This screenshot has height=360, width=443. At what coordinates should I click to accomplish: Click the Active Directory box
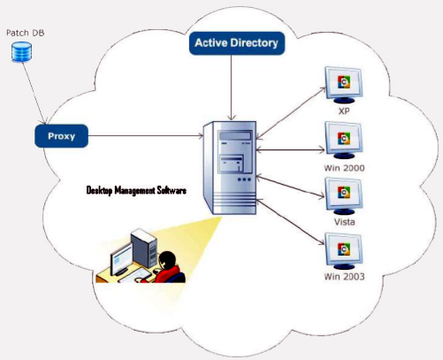tap(237, 43)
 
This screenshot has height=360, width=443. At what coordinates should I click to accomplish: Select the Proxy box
tap(61, 136)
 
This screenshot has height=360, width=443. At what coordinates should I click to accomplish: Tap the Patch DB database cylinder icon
tap(21, 52)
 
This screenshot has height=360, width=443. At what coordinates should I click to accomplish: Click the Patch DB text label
tap(26, 33)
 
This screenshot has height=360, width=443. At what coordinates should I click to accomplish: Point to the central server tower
tap(230, 167)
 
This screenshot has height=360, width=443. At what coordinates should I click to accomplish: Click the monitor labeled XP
tap(344, 85)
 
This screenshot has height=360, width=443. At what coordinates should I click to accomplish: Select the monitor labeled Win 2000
tap(344, 141)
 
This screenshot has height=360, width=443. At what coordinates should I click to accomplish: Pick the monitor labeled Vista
tap(344, 195)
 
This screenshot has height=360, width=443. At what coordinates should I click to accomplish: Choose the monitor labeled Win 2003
tap(344, 251)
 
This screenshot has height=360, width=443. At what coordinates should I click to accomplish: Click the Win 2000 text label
tap(344, 168)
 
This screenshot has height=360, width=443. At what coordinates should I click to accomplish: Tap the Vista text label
tap(344, 222)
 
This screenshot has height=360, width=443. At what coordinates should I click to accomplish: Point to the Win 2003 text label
tap(344, 277)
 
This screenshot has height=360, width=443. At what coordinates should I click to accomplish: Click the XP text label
tap(344, 111)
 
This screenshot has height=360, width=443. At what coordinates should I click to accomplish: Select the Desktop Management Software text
tap(136, 190)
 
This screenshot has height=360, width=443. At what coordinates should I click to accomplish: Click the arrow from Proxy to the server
tap(146, 136)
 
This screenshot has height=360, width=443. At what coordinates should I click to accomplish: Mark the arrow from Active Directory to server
tap(232, 88)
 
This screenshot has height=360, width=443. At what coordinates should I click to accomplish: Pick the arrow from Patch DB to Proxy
tap(34, 93)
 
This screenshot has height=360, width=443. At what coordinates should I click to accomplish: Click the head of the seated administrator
tap(167, 260)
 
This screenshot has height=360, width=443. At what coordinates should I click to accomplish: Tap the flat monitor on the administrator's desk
tap(121, 260)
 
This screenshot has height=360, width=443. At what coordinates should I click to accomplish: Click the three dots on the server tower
tap(244, 180)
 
